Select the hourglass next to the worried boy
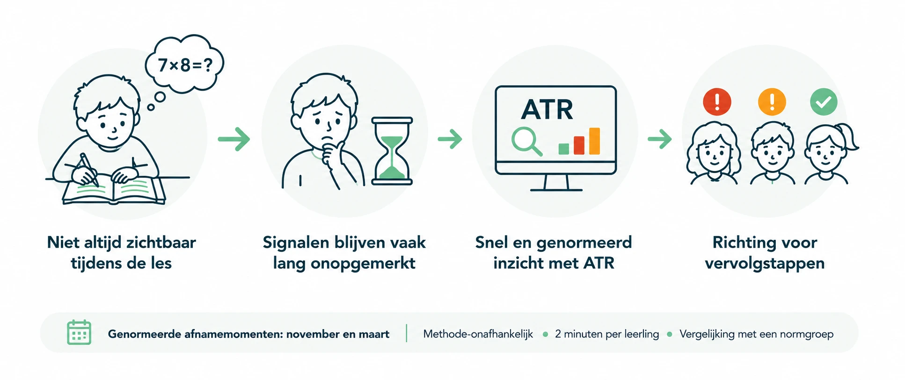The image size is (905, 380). pos(392,151)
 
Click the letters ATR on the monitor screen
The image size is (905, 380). pos(547,110)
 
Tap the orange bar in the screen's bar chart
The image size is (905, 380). pos(594,141)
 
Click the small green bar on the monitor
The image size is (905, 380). pos(564,149)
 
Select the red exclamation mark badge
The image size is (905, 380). pos(717,102)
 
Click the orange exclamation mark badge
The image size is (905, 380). pos(772,102)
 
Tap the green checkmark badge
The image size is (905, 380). pos(824,102)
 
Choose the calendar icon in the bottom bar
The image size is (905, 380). pos(79,332)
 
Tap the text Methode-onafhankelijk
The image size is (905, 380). pos(478,334)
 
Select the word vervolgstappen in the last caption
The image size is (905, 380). pos(765,264)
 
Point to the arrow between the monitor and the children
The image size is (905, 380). pos(660,139)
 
